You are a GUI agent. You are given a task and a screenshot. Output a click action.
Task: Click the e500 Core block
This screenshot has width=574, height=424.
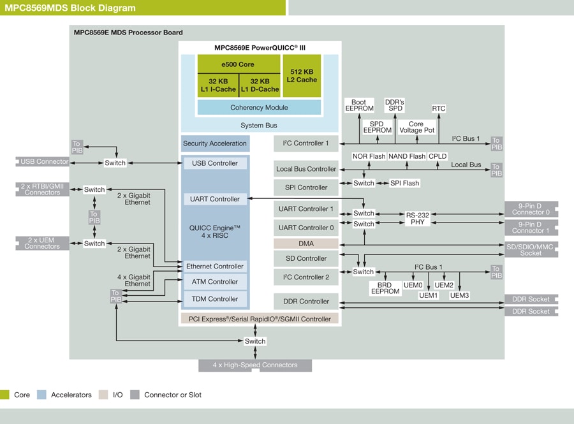[x=238, y=64]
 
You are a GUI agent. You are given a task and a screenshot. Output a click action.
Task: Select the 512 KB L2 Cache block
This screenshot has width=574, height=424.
[x=302, y=75]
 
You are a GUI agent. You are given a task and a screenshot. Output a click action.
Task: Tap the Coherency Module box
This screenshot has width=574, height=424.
[x=259, y=108]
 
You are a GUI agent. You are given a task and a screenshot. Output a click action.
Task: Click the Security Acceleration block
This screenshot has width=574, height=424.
[x=215, y=143]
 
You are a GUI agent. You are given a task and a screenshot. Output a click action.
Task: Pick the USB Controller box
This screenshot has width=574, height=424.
[x=215, y=163]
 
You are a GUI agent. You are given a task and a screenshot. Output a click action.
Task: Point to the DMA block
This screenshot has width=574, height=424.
[x=306, y=244]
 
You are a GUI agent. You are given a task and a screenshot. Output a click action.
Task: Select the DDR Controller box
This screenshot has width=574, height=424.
[x=306, y=302]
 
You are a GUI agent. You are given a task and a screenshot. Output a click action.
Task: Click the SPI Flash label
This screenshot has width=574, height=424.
[x=404, y=183]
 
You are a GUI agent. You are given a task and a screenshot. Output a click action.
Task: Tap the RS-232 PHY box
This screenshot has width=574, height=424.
[x=418, y=219]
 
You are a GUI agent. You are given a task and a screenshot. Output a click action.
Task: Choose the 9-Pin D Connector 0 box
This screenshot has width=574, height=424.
[x=531, y=208]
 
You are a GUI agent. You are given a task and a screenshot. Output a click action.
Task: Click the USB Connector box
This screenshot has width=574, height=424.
[x=43, y=162]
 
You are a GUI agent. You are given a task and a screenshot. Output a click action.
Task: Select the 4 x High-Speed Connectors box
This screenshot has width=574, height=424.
[x=255, y=365]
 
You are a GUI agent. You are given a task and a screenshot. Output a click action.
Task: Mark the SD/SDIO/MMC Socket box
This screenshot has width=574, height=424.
[x=531, y=249]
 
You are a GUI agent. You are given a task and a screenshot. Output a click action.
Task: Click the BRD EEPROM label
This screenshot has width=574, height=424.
[x=385, y=288]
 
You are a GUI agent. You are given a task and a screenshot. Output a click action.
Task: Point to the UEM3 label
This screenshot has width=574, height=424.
[x=459, y=295]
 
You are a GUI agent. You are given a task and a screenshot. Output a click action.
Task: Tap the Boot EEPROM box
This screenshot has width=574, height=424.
[x=358, y=105]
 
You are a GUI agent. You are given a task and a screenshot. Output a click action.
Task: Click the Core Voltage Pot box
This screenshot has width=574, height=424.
[x=416, y=127]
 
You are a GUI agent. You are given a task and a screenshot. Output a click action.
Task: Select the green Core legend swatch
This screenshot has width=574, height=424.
[x=5, y=395]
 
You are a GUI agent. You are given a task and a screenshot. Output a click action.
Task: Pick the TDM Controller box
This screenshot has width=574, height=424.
[x=215, y=299]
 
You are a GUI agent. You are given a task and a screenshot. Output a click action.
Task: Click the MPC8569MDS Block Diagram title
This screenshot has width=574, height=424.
[x=71, y=8]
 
